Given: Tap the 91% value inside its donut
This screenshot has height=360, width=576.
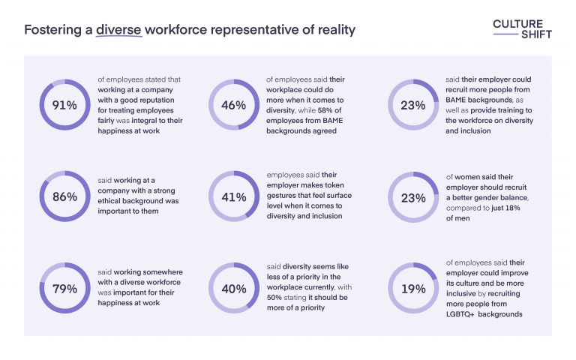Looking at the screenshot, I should click(64, 105).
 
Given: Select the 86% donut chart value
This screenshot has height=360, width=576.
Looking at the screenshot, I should click(64, 197).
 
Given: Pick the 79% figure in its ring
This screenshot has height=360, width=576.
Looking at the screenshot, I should click(64, 289).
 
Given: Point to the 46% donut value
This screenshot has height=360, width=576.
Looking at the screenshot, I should click(233, 105).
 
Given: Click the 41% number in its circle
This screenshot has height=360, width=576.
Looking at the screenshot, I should click(233, 197).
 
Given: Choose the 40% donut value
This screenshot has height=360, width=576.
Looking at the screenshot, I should click(233, 289).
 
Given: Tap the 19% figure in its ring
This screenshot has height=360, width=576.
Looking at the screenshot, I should click(412, 289).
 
